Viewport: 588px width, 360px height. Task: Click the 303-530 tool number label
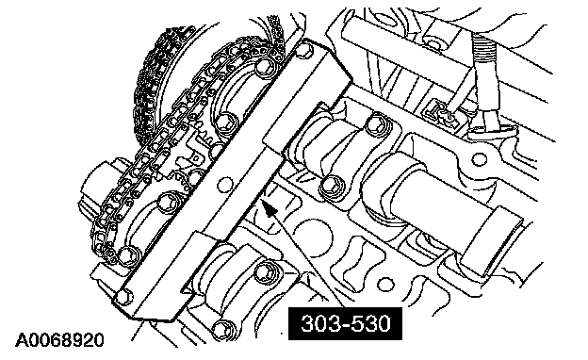(345, 323)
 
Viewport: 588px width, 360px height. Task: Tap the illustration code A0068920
(59, 340)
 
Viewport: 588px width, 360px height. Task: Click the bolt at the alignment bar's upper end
(304, 50)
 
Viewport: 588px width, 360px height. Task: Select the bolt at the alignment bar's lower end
(124, 297)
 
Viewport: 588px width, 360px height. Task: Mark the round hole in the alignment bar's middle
(224, 185)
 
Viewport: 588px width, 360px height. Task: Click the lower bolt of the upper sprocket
(225, 122)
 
